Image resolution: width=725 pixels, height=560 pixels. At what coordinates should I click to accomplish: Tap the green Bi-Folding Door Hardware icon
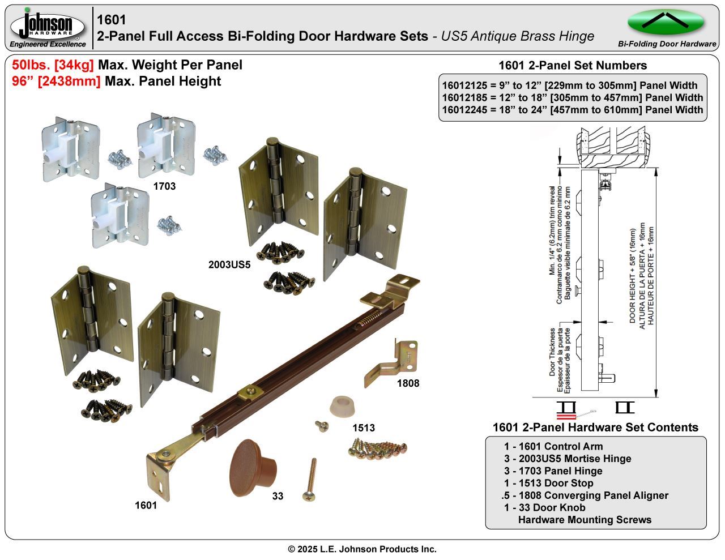point(666,23)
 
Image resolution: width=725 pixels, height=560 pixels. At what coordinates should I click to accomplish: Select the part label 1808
point(408,383)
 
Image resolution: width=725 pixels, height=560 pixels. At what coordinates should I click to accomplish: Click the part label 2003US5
point(229,264)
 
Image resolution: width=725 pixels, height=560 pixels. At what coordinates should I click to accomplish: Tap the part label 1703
point(164,186)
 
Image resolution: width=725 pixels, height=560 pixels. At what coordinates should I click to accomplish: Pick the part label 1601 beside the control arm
point(146,506)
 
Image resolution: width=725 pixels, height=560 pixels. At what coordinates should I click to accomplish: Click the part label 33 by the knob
point(278,497)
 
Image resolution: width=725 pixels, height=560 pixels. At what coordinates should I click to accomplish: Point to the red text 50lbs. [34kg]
point(53,65)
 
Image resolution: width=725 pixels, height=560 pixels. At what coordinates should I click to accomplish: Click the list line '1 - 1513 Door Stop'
point(548,483)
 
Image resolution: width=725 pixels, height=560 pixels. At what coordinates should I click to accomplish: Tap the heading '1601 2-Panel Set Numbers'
point(572,65)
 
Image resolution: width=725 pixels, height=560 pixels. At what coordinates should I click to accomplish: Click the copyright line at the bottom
point(362,549)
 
